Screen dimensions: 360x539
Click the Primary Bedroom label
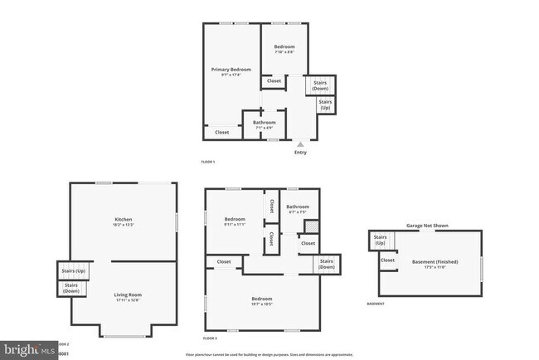(231, 70)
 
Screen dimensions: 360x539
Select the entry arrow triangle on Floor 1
(300, 144)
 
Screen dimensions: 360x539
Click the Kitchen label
(124, 220)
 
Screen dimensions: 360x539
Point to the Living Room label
(128, 294)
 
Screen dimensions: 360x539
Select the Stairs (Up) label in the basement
(381, 240)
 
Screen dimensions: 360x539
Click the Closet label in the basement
(387, 260)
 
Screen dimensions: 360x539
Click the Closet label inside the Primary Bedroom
(221, 132)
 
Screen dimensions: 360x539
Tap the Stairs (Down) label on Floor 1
(319, 85)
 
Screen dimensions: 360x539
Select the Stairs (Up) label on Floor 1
(325, 105)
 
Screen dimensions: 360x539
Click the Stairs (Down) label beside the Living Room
(71, 288)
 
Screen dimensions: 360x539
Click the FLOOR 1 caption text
(210, 162)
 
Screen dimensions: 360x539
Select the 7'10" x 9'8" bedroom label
(284, 49)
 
